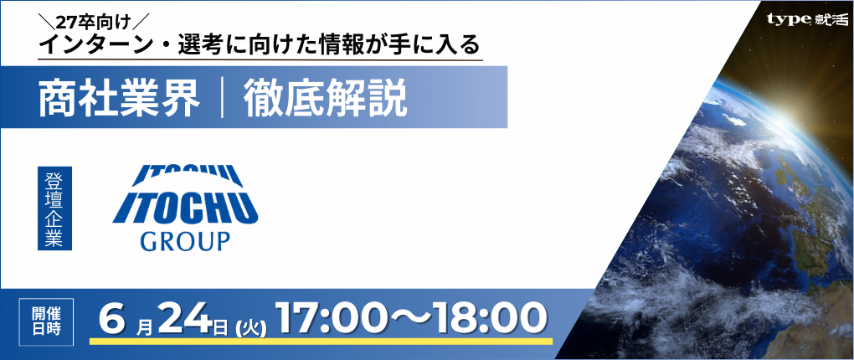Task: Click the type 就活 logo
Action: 807,18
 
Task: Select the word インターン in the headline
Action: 95,45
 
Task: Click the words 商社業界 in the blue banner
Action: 119,100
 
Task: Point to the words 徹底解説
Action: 325,100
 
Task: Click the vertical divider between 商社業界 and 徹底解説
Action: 222,100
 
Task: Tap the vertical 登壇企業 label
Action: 54,208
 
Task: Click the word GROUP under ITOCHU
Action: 185,240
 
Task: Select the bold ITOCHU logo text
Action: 186,208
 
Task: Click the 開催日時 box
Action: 46,321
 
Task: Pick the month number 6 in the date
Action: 113,319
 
